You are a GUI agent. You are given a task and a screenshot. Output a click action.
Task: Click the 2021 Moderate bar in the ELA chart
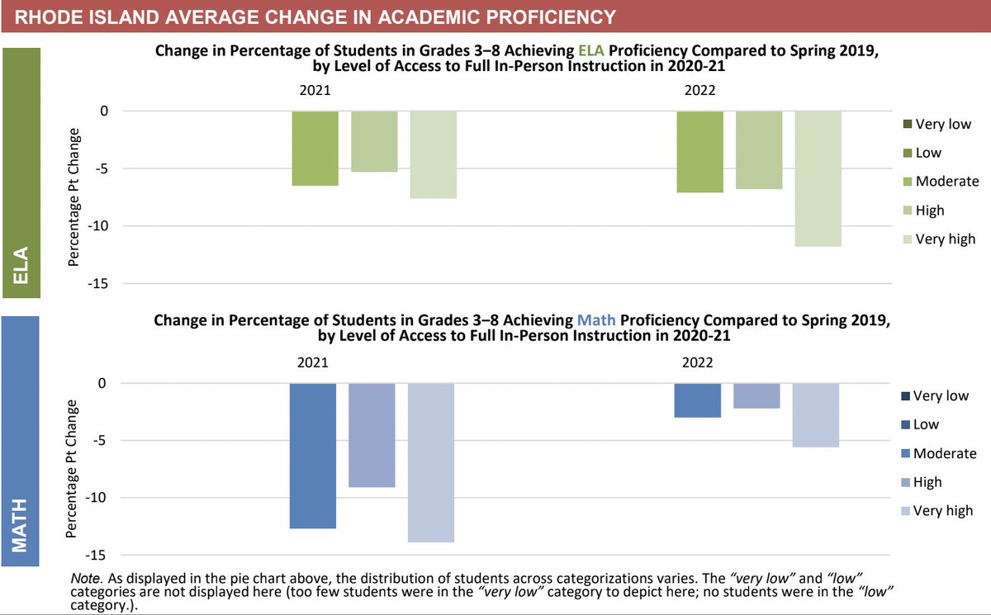(x=315, y=149)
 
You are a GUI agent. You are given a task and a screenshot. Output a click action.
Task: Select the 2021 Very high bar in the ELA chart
(x=433, y=155)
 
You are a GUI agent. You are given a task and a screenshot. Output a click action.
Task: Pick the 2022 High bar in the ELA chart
(x=758, y=150)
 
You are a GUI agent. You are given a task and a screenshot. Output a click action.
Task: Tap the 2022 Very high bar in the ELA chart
(x=818, y=178)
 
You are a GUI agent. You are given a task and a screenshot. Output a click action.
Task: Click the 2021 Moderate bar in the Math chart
(x=313, y=456)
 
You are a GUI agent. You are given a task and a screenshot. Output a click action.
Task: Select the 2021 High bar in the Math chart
(x=372, y=435)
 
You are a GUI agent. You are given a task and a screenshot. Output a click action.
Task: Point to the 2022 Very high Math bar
(x=815, y=415)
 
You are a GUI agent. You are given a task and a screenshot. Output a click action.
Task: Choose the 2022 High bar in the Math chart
(x=756, y=395)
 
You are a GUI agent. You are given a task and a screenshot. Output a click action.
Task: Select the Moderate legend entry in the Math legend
(x=937, y=453)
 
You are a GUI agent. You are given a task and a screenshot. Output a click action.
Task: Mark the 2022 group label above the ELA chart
(x=699, y=91)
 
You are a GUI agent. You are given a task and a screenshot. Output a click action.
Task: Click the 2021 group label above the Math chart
(x=313, y=362)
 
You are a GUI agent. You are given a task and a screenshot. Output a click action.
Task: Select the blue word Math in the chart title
(x=591, y=320)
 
